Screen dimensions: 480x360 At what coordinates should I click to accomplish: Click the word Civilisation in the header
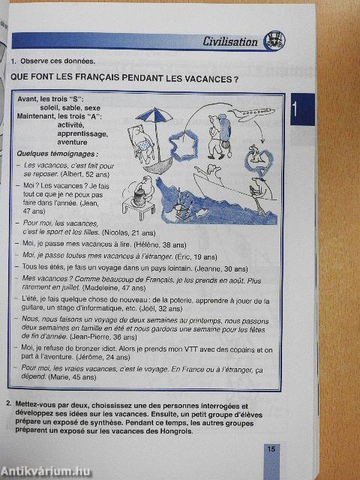[230, 42]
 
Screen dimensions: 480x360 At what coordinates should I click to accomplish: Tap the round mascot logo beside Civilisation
[272, 41]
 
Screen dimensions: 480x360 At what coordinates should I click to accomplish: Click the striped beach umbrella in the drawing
[148, 118]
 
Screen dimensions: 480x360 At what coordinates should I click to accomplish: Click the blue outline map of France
[182, 143]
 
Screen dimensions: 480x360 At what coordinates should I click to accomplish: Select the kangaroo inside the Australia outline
[257, 157]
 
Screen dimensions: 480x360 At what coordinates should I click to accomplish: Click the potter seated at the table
[139, 199]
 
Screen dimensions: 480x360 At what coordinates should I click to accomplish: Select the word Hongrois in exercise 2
[175, 431]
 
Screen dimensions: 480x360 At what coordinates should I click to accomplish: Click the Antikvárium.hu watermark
[44, 469]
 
